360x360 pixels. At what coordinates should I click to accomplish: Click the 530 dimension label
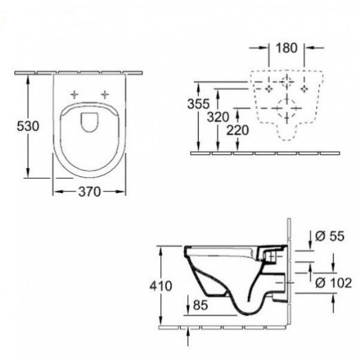click(28, 126)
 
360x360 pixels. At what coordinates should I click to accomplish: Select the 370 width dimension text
click(89, 192)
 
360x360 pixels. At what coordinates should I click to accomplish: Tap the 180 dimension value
click(286, 48)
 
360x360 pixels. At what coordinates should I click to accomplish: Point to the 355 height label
click(199, 104)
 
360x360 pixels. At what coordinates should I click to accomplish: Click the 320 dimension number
click(218, 117)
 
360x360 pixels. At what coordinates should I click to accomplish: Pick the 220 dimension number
click(238, 130)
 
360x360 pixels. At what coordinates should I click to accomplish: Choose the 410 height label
click(161, 286)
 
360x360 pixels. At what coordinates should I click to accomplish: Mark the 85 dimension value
click(200, 305)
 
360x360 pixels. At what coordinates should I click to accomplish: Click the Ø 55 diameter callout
click(329, 236)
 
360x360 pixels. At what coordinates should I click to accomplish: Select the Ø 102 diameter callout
click(334, 283)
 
